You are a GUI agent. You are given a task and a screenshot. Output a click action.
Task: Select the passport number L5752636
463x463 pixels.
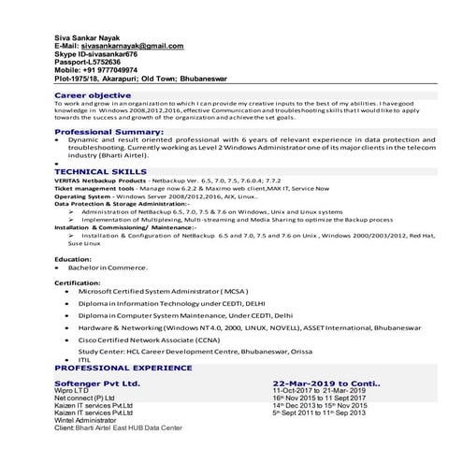[x=112, y=63]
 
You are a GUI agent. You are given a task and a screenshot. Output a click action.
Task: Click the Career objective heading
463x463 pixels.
[x=93, y=95]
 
